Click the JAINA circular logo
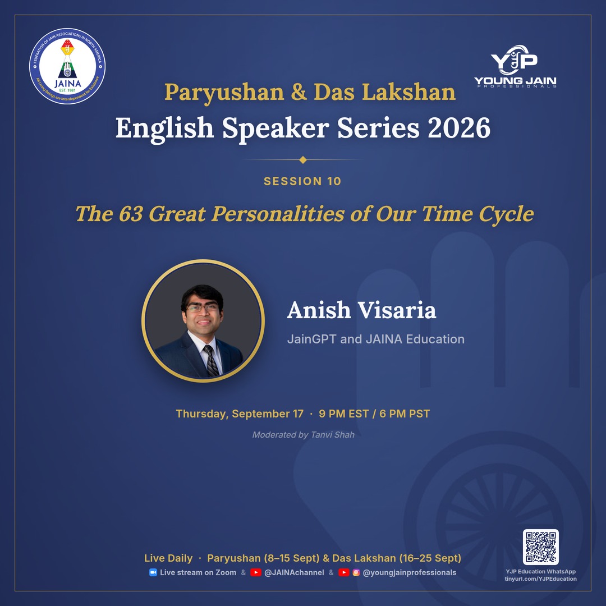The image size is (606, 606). click(67, 66)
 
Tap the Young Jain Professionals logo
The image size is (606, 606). click(515, 66)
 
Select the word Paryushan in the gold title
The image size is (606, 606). click(224, 93)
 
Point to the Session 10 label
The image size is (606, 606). click(302, 181)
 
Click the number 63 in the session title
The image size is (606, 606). click(131, 213)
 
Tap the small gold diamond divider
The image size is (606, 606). click(303, 160)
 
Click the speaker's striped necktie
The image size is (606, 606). click(211, 361)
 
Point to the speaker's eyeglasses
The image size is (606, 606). click(202, 307)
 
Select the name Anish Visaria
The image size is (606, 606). click(361, 310)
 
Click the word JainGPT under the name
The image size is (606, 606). click(311, 339)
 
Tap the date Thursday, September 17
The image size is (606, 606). click(240, 414)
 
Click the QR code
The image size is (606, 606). click(541, 547)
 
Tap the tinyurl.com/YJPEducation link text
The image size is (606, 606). click(540, 579)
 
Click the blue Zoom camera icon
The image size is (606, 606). click(153, 572)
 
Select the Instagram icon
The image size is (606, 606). click(356, 572)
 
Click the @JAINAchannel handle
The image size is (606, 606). click(294, 572)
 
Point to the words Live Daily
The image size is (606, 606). click(168, 558)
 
